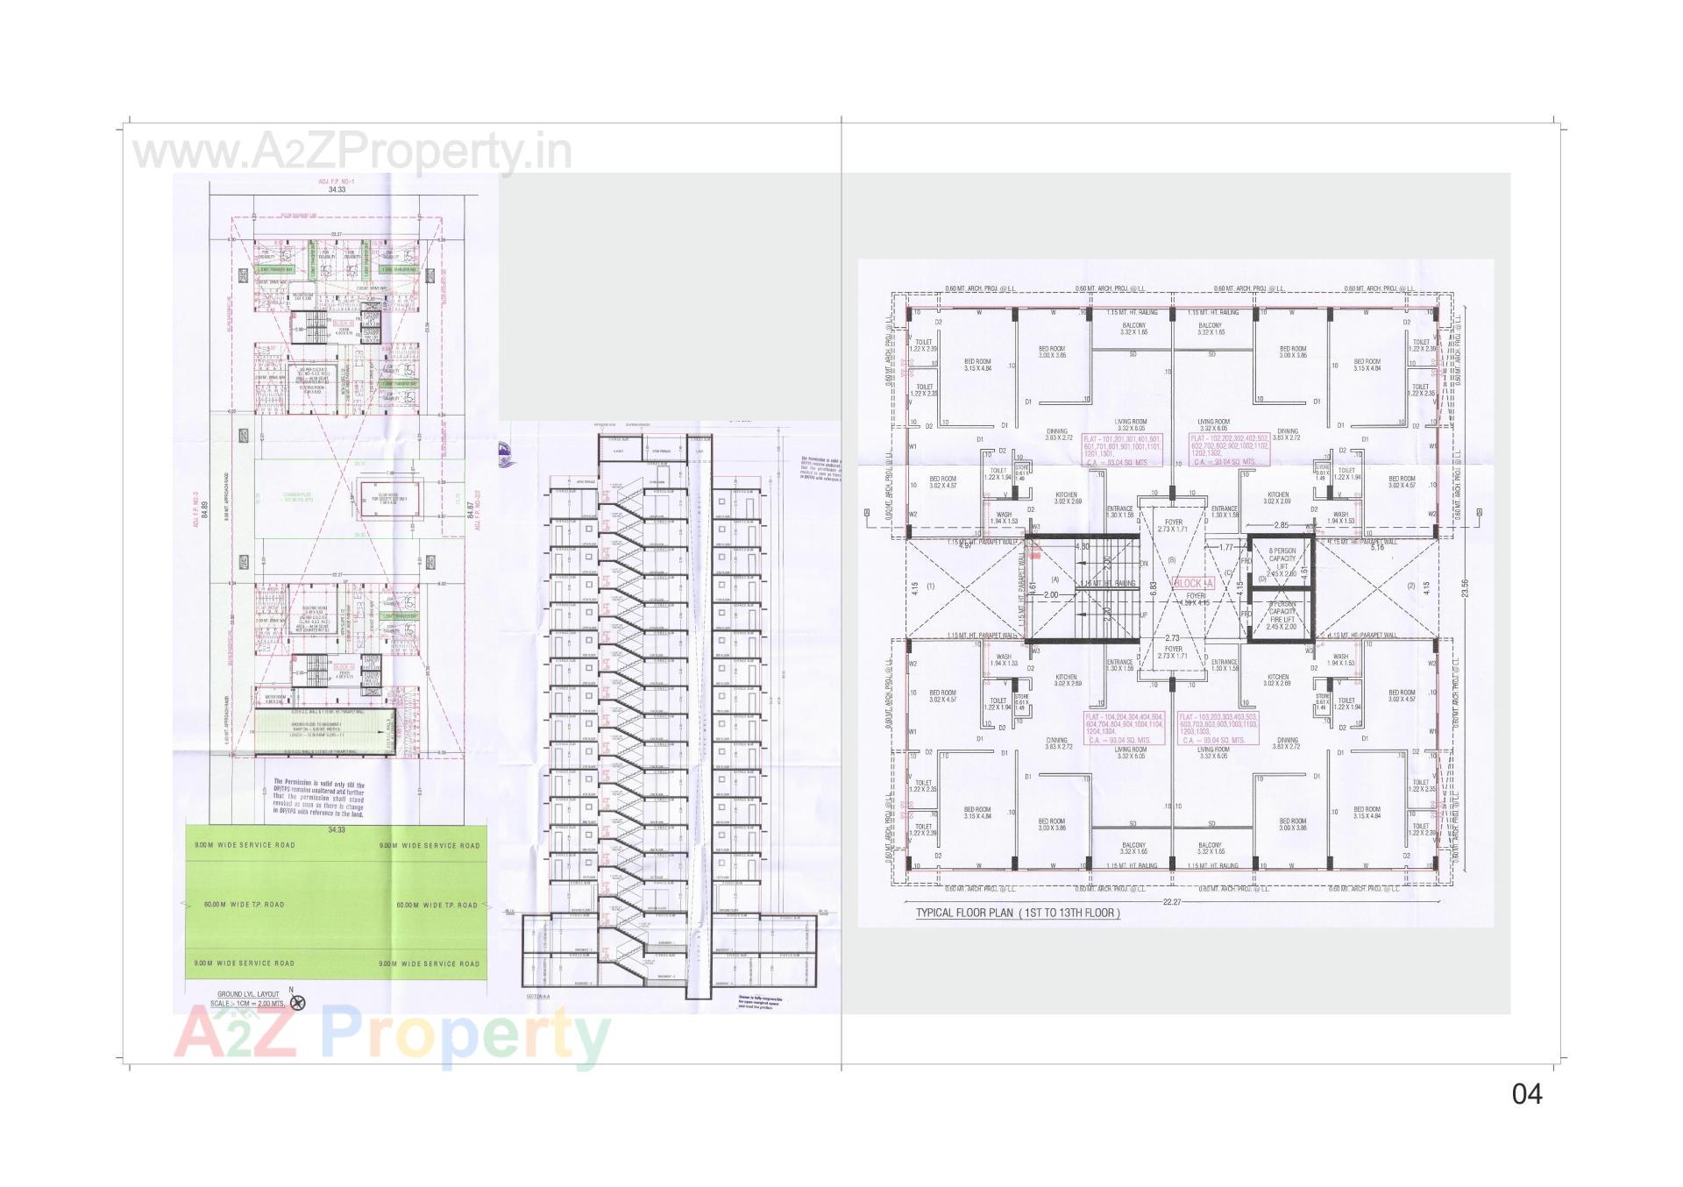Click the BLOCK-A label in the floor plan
click(x=1193, y=584)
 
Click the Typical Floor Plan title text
click(x=1017, y=913)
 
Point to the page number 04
click(x=1526, y=1093)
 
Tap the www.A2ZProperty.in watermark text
click(x=351, y=153)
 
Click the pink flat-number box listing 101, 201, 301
click(x=1122, y=449)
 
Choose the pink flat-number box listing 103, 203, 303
click(x=1218, y=728)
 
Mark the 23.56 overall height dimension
click(x=1465, y=588)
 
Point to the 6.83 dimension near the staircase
click(x=1154, y=588)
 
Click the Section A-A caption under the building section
click(x=537, y=997)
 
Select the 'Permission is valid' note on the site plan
click(x=319, y=798)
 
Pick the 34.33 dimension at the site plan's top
click(x=337, y=189)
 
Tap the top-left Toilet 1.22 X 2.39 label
click(x=924, y=345)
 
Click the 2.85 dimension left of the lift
click(x=1281, y=526)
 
